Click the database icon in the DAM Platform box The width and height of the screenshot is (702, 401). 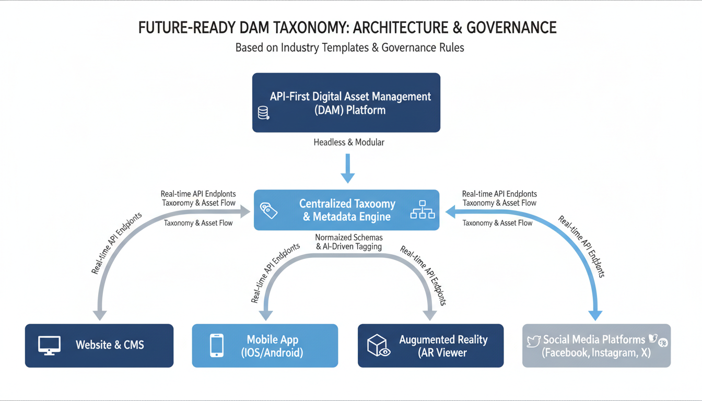click(263, 113)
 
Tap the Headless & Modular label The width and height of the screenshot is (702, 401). click(349, 142)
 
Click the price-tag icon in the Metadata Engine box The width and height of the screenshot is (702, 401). click(268, 210)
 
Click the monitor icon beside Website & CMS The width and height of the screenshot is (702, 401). click(50, 345)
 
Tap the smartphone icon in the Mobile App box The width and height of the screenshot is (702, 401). click(217, 345)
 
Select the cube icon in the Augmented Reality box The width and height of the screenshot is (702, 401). click(378, 345)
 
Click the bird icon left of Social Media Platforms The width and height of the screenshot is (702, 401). click(533, 341)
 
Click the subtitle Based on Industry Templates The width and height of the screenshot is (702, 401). click(349, 48)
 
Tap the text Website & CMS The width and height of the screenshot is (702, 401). click(110, 345)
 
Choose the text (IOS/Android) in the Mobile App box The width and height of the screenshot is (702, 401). click(272, 352)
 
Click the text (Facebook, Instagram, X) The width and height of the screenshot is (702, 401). click(596, 352)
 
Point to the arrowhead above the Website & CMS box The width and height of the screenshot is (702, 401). click(99, 315)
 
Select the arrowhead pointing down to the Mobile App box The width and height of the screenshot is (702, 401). click(266, 315)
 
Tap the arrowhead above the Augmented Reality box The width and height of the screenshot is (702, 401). click(430, 315)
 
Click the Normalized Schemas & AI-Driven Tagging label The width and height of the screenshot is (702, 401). click(349, 242)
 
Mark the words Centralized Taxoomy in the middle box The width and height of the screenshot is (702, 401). click(347, 204)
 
